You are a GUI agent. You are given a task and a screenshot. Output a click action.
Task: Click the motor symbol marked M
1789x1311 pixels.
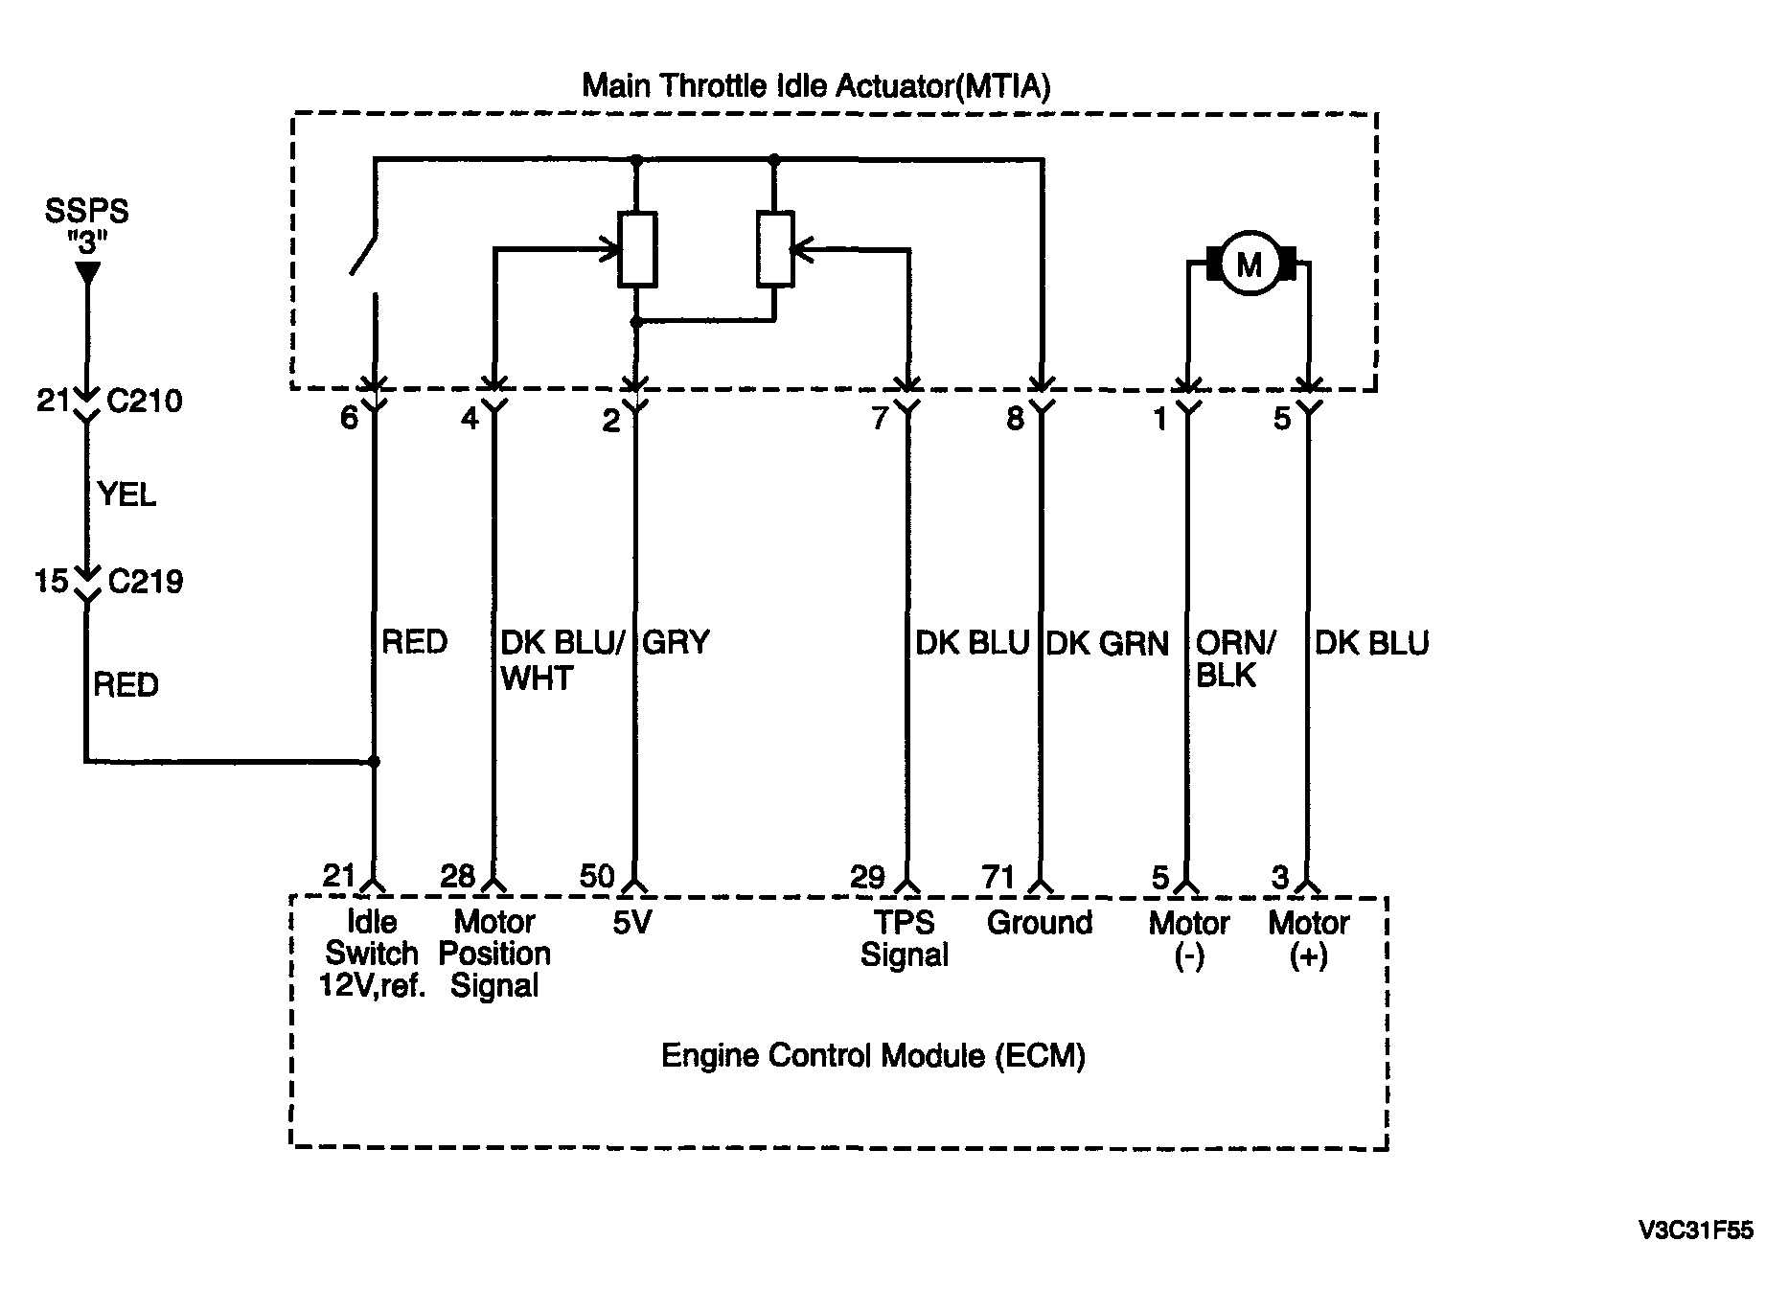click(x=1250, y=264)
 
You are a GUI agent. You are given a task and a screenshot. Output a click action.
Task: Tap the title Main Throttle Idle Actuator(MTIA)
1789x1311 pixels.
click(x=816, y=86)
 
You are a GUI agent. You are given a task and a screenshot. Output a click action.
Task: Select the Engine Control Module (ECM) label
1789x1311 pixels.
click(x=873, y=1056)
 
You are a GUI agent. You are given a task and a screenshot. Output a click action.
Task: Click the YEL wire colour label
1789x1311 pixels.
click(x=126, y=494)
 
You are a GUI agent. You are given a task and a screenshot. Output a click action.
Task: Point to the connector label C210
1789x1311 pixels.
click(x=145, y=401)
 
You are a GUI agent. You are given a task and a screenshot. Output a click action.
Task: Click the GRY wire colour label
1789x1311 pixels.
click(x=676, y=642)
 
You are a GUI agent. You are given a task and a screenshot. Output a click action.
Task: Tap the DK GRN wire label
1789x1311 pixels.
click(x=1107, y=642)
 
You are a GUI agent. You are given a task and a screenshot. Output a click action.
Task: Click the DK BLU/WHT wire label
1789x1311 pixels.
click(x=562, y=660)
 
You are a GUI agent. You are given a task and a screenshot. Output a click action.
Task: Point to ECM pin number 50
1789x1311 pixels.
click(x=597, y=876)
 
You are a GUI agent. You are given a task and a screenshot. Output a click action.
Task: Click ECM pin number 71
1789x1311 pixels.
click(x=998, y=876)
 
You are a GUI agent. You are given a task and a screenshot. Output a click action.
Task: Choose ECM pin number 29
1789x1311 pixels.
click(x=867, y=876)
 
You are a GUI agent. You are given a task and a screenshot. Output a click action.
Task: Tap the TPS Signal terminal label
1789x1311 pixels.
click(x=904, y=938)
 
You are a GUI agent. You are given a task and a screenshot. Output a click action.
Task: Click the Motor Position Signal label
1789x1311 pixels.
click(x=494, y=954)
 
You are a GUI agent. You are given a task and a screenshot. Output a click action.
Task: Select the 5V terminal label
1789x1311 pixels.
click(x=632, y=922)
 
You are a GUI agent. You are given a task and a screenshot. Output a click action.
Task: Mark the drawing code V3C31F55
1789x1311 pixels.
click(x=1695, y=1230)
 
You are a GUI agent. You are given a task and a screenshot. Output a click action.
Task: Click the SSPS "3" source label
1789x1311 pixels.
click(x=86, y=226)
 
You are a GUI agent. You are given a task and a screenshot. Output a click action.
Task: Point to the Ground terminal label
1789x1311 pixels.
click(x=1040, y=922)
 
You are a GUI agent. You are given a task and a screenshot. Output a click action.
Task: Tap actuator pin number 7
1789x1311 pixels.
click(x=881, y=419)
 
